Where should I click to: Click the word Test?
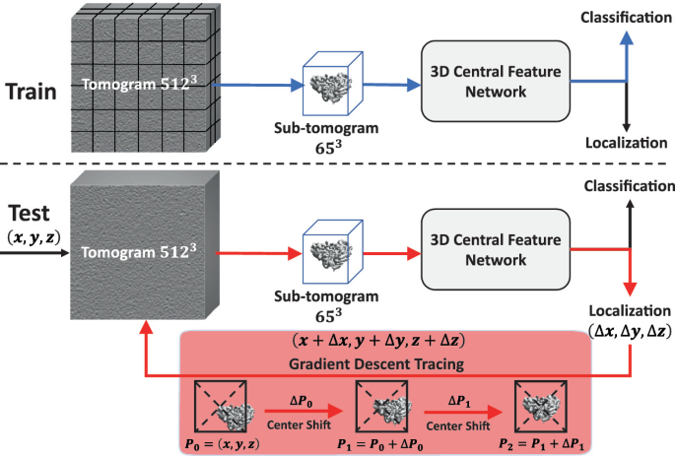(29, 215)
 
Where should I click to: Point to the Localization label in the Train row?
(626, 144)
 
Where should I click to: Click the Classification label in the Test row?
(626, 186)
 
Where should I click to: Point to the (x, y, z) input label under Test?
(31, 237)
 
